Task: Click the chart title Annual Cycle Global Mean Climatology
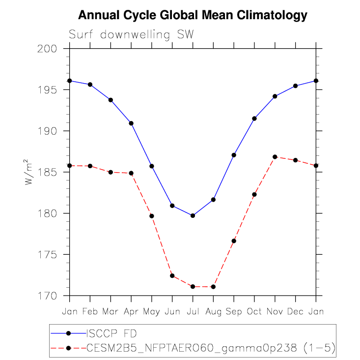pos(193,15)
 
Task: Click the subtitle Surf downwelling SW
pos(131,35)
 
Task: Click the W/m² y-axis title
pos(30,172)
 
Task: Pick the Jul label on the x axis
pos(193,312)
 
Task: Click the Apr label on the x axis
pos(131,312)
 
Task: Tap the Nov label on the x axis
pos(275,312)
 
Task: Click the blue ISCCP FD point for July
pos(193,215)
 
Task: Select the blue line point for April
pos(131,123)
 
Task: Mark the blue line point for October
pos(254,119)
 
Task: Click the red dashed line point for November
pos(275,157)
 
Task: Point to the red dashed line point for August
pos(213,287)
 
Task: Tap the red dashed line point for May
pos(152,216)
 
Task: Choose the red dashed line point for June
pos(172,276)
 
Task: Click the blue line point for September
pos(234,155)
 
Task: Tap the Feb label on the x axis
pos(90,312)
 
